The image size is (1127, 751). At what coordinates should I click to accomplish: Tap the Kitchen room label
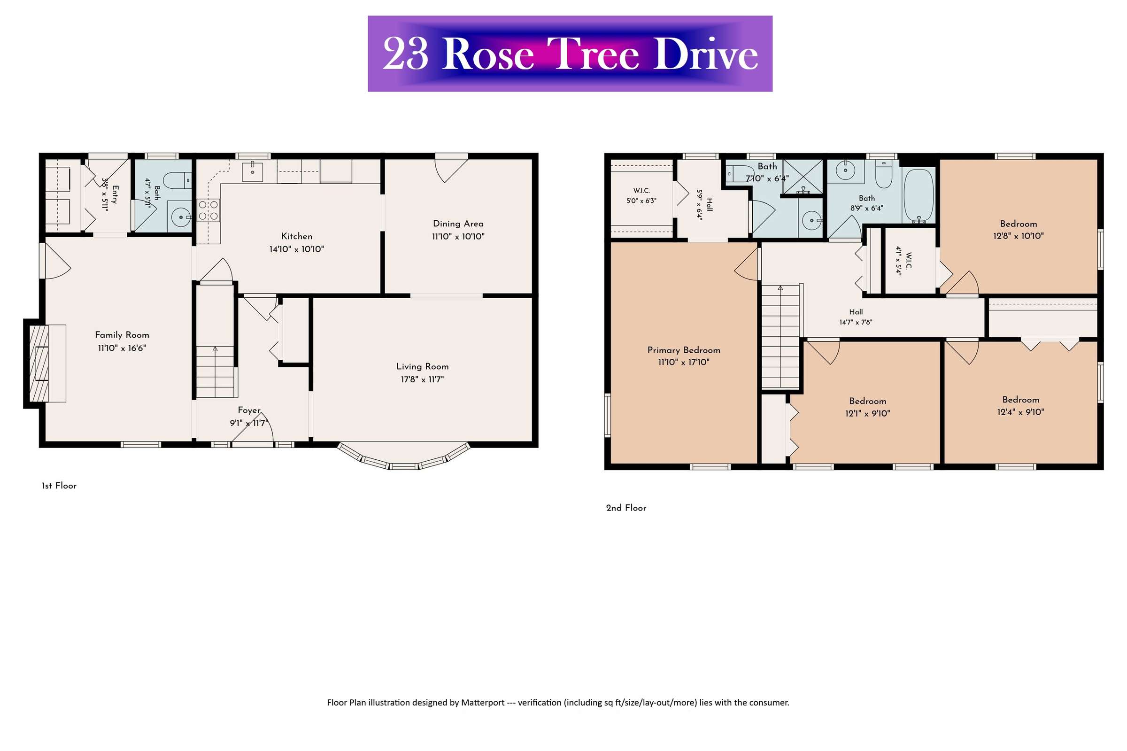click(296, 236)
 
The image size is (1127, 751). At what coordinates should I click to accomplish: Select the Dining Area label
click(458, 224)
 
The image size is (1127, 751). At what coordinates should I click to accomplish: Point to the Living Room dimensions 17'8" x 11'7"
click(422, 379)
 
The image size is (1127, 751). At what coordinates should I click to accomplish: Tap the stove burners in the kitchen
click(208, 210)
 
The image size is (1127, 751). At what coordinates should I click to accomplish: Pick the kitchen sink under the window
click(252, 171)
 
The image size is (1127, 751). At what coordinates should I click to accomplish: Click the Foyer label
click(249, 410)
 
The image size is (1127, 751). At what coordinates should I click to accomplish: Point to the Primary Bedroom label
click(683, 350)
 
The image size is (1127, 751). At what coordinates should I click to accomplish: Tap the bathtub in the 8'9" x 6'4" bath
click(918, 195)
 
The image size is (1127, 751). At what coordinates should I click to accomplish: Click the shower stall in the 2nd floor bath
click(803, 177)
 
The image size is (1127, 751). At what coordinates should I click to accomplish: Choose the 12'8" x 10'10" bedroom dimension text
click(1018, 236)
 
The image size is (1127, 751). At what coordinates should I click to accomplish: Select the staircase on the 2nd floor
click(780, 336)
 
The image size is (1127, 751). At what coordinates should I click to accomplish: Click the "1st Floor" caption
click(59, 486)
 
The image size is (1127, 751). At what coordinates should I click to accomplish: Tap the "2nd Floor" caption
click(626, 508)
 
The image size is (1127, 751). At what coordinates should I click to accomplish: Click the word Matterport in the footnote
click(483, 703)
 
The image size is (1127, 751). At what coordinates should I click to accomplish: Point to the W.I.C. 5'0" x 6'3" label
click(641, 196)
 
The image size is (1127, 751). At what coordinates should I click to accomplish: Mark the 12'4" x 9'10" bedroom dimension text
click(1020, 412)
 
